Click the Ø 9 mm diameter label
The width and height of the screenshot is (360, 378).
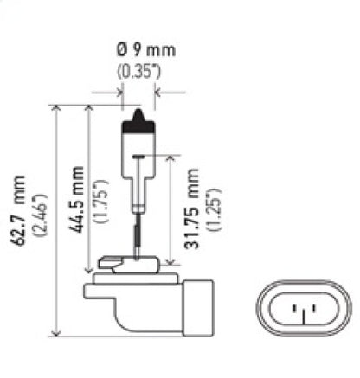(138, 50)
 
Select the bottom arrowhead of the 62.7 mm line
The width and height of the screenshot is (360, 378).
(57, 334)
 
